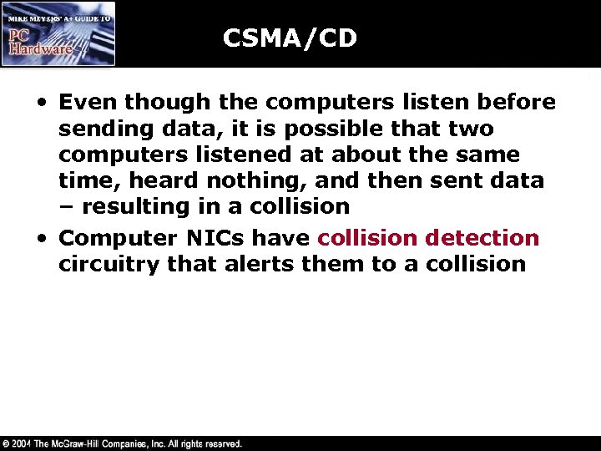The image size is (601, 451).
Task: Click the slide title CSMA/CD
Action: [x=290, y=38]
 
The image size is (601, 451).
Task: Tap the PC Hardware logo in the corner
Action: [x=58, y=33]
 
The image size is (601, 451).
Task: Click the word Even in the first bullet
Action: [x=88, y=103]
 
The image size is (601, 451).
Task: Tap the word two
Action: [x=472, y=129]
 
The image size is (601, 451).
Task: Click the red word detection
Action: [x=482, y=238]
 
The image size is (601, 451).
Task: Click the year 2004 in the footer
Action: [x=23, y=443]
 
